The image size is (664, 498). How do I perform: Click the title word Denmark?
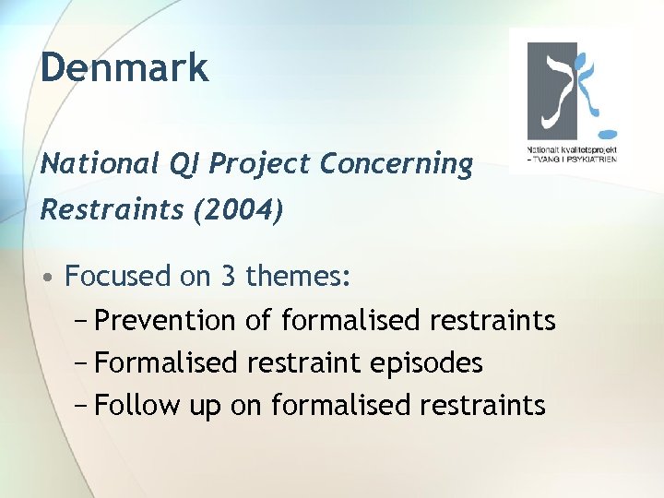(x=125, y=68)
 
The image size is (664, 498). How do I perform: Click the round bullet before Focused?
(x=52, y=277)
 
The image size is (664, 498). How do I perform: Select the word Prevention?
(x=165, y=320)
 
